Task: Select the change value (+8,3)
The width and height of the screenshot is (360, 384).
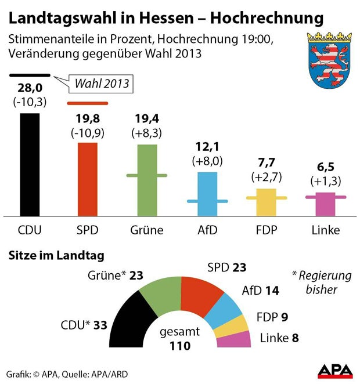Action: [147, 132]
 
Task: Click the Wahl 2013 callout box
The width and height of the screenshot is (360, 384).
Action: [99, 84]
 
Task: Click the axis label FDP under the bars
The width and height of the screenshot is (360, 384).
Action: [266, 230]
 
